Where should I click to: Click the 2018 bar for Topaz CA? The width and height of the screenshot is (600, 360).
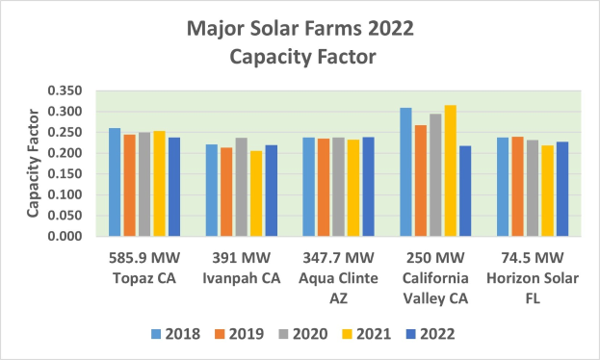click(x=115, y=182)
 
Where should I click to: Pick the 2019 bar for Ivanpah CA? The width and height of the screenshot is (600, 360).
click(x=225, y=192)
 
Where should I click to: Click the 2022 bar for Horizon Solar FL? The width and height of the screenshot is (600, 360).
click(x=562, y=189)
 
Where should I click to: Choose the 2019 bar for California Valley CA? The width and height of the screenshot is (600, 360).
click(x=421, y=180)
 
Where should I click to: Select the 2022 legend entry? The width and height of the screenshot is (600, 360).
click(x=436, y=334)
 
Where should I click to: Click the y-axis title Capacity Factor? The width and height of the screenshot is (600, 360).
click(x=32, y=164)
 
